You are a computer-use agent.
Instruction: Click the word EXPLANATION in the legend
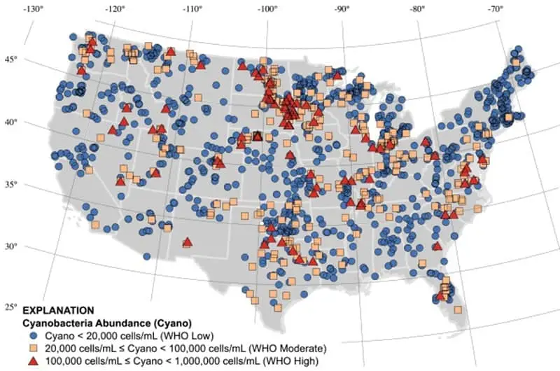57,310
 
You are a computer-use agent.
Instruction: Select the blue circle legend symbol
30,335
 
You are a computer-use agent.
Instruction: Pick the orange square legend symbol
30,348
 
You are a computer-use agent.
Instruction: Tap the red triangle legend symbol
30,360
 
